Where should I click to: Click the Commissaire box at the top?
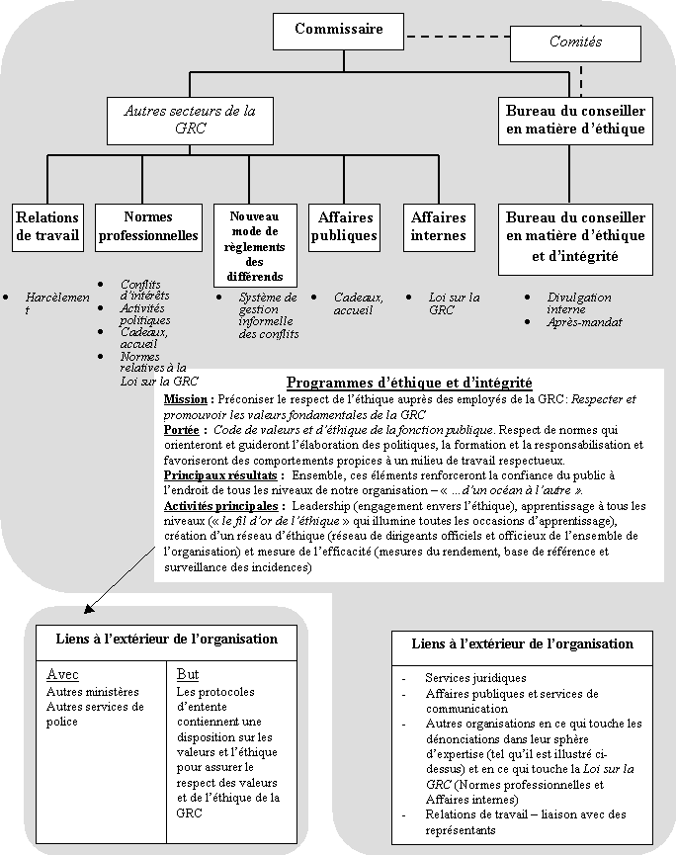tap(338, 31)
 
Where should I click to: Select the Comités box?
tap(575, 43)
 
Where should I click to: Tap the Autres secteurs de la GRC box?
tap(190, 120)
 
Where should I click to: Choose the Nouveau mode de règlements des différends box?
tap(255, 245)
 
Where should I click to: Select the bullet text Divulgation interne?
tap(578, 302)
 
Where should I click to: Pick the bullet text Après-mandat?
tap(584, 321)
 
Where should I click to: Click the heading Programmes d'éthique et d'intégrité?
tap(409, 382)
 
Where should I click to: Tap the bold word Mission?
tap(187, 398)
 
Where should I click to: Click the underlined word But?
tap(187, 675)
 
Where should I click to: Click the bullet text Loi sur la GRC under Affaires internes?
tap(454, 302)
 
